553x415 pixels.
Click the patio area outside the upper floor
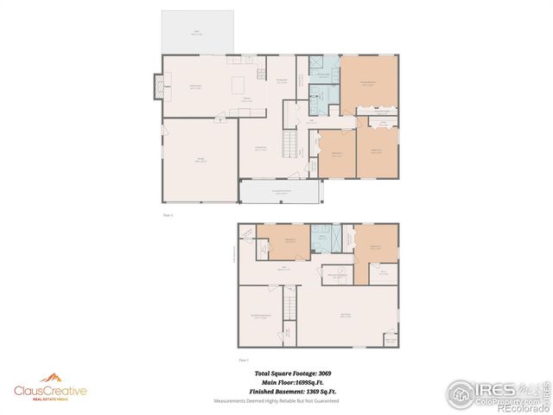pyautogui.click(x=198, y=33)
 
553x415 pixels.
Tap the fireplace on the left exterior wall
pyautogui.click(x=158, y=86)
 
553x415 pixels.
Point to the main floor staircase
pyautogui.click(x=289, y=139)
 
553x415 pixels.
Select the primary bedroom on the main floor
pyautogui.click(x=369, y=84)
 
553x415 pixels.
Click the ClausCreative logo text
pyautogui.click(x=50, y=391)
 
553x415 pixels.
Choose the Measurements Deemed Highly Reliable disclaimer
pyautogui.click(x=276, y=401)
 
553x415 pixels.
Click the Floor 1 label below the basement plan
pyautogui.click(x=244, y=359)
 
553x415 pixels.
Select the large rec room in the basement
pyautogui.click(x=346, y=314)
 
